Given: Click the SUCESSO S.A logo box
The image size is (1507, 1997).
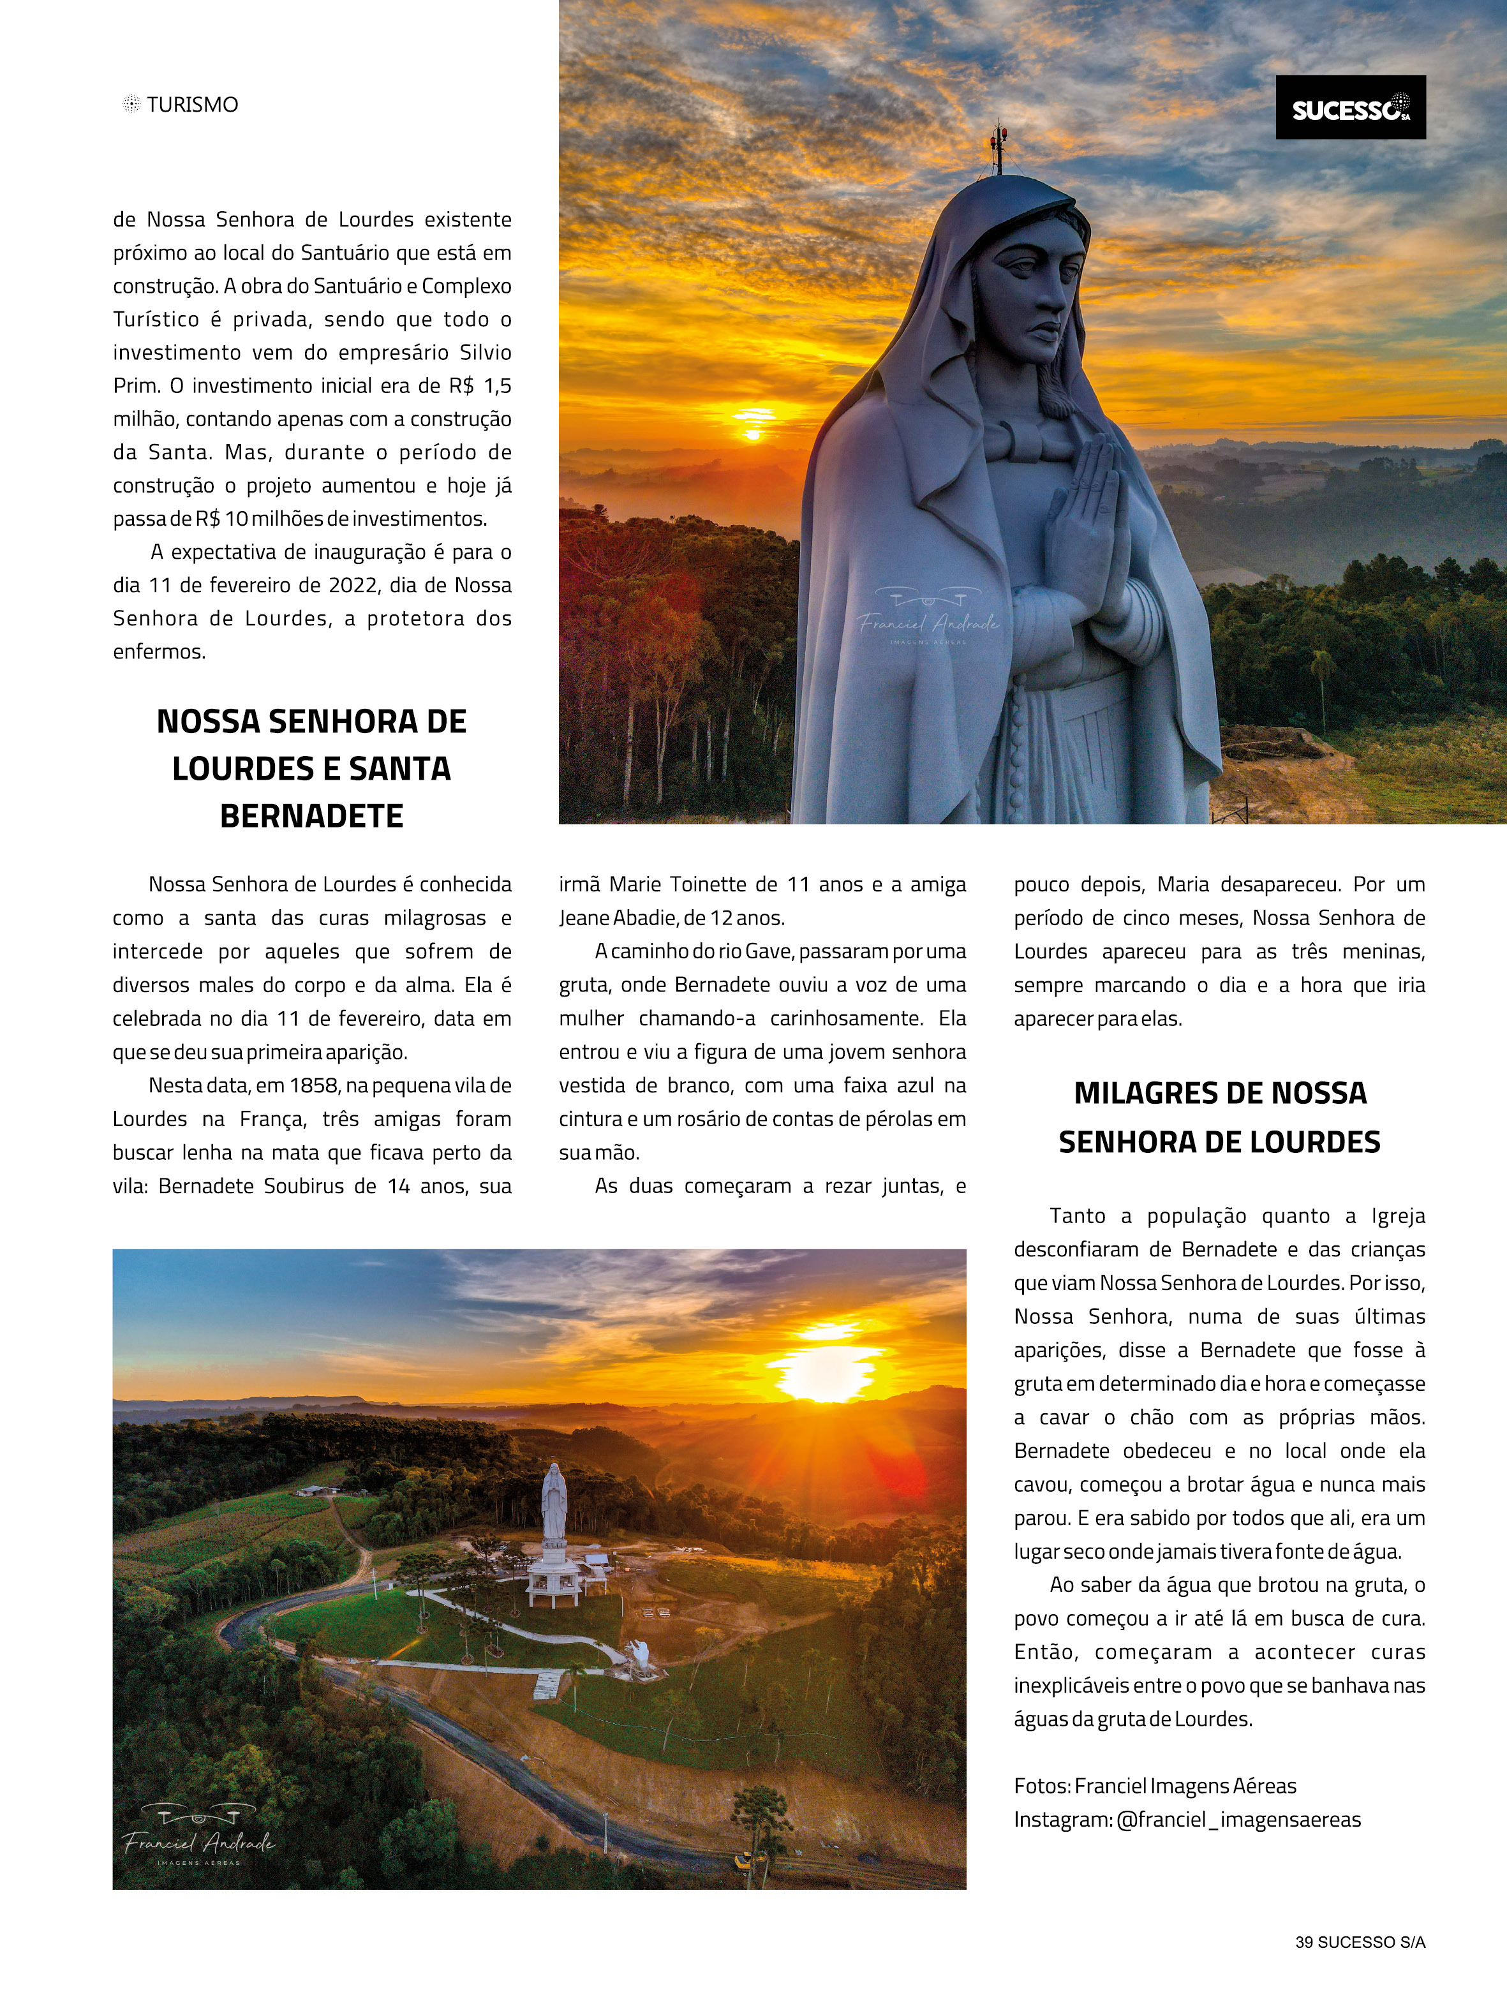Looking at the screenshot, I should (x=1350, y=107).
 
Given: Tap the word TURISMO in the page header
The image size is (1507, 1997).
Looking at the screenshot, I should (x=192, y=105).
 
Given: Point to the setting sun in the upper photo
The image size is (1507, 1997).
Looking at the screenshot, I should (x=751, y=434).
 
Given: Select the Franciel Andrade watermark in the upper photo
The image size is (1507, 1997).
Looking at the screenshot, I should (x=928, y=621).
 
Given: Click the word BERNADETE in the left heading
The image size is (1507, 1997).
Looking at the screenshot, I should (x=311, y=816).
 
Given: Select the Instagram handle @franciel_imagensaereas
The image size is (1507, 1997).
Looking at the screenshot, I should (x=1238, y=1819).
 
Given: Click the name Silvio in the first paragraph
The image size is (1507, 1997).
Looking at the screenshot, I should (x=485, y=352).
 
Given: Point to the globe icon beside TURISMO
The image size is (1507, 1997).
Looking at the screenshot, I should (x=131, y=104).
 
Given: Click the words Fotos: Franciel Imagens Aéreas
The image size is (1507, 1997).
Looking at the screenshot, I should (x=1155, y=1786).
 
